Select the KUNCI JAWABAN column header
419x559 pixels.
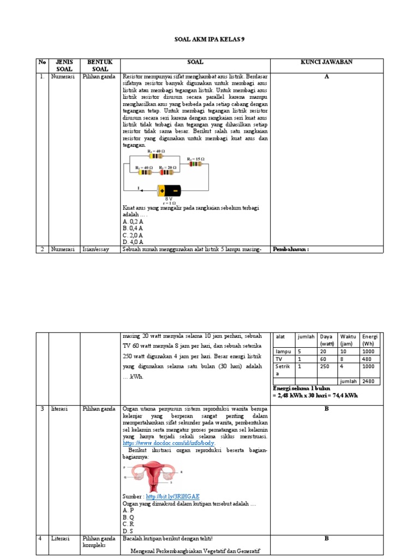point(326,62)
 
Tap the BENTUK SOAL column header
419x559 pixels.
point(100,66)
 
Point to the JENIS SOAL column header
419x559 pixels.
point(64,66)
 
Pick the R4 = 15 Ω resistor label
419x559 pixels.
point(195,158)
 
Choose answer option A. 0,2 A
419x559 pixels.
point(133,222)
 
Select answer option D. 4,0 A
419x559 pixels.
point(133,241)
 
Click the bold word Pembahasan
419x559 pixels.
point(291,249)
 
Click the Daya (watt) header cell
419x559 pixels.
point(327,340)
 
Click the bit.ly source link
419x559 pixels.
point(170,496)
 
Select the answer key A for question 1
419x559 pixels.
point(326,77)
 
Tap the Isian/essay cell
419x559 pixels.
point(96,249)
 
